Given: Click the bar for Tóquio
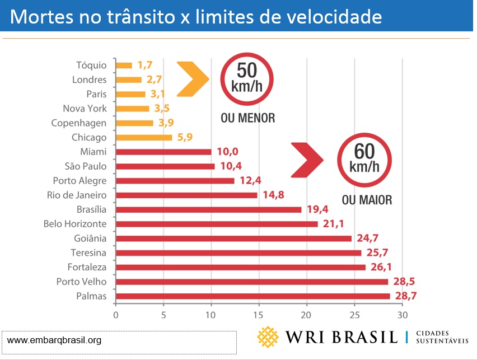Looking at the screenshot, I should pyautogui.click(x=124, y=66).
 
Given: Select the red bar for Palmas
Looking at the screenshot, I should pyautogui.click(x=252, y=296).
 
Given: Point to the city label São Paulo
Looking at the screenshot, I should pyautogui.click(x=86, y=166).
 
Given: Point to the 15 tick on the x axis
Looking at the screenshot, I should pyautogui.click(x=259, y=315).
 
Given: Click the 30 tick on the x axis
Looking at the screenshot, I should pyautogui.click(x=402, y=315).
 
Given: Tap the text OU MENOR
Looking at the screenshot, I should pyautogui.click(x=247, y=119).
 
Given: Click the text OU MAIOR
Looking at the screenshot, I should pyautogui.click(x=367, y=200).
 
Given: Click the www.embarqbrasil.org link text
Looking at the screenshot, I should pyautogui.click(x=54, y=340).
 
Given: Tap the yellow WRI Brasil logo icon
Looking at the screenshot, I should pyautogui.click(x=268, y=336).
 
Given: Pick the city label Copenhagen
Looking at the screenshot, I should pyautogui.click(x=78, y=123).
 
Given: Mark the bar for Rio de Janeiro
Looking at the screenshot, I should pyautogui.click(x=186, y=195).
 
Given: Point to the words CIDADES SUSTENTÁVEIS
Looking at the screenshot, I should pyautogui.click(x=443, y=336).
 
